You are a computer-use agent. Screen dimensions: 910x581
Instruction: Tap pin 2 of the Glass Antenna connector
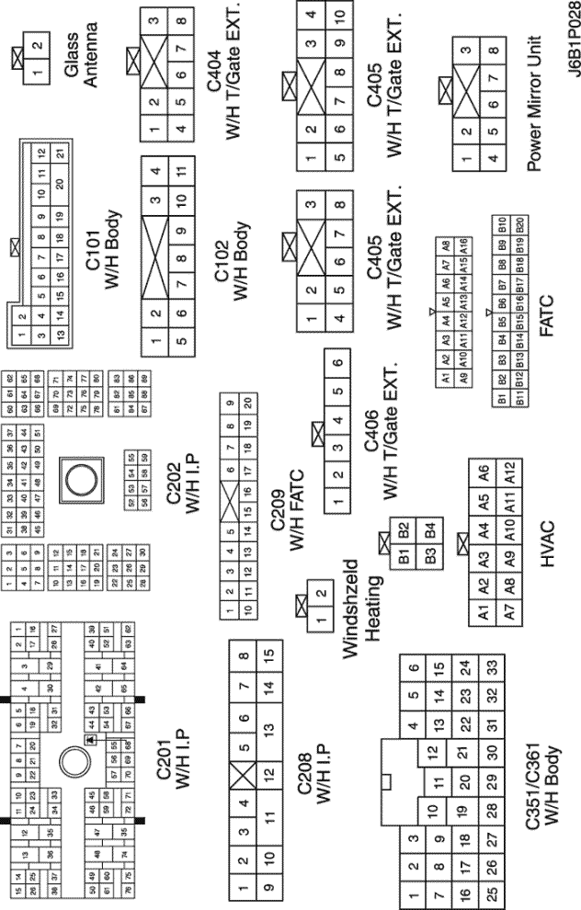pyautogui.click(x=37, y=46)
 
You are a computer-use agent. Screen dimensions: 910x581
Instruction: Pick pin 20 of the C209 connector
pyautogui.click(x=249, y=404)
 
